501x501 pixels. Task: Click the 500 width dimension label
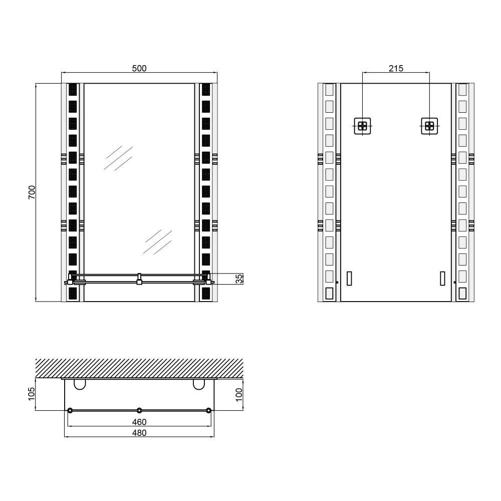pos(139,68)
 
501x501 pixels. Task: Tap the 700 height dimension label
pos(32,192)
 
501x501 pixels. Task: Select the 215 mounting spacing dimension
pos(396,68)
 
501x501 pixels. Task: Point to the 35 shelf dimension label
pos(239,279)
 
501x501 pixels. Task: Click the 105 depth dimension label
pos(31,394)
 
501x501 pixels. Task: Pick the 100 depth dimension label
pos(239,395)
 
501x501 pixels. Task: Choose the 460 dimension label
pos(139,422)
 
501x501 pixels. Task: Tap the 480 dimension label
pos(139,433)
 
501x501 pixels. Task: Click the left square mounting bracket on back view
pos(362,126)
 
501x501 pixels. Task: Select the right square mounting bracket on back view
pos(429,126)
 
